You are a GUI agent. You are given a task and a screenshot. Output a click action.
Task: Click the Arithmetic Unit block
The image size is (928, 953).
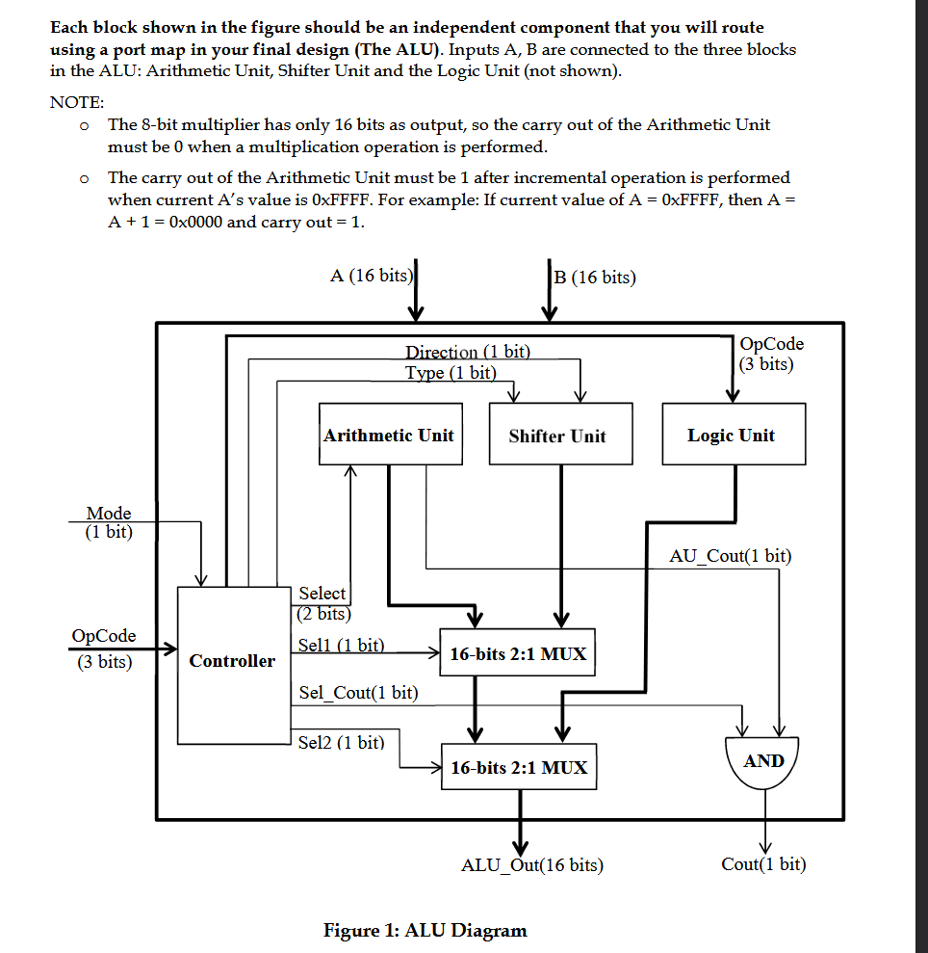(388, 435)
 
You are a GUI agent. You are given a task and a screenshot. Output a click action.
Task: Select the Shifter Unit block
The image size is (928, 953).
(557, 435)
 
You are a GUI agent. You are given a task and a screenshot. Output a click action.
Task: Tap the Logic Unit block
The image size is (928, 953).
(731, 435)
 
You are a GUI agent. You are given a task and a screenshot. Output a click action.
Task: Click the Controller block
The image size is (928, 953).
(232, 661)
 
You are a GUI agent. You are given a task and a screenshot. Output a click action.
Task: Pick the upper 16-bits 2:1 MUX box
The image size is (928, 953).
(518, 654)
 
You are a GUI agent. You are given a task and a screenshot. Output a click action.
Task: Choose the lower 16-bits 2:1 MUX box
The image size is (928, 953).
(518, 768)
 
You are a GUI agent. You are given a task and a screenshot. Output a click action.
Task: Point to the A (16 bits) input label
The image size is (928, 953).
(372, 276)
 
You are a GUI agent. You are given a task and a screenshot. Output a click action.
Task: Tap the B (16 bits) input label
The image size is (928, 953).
(595, 278)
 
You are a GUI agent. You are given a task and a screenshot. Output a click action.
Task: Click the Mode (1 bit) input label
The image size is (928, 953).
(109, 522)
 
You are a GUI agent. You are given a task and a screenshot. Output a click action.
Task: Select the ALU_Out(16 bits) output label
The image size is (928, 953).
(532, 864)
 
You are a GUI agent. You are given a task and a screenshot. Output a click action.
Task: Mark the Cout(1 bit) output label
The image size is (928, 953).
(763, 864)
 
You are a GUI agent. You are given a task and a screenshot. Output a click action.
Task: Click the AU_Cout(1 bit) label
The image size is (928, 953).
(730, 555)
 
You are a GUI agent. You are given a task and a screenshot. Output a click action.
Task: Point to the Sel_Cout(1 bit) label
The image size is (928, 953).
(358, 692)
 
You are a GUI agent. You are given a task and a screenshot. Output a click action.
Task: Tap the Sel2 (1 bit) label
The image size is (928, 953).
(341, 742)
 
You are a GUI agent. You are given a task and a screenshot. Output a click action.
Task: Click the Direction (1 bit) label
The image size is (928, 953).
(467, 352)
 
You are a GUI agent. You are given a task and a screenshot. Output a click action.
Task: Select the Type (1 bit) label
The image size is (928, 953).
(451, 372)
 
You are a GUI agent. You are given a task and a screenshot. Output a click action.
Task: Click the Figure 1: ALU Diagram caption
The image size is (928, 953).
(425, 930)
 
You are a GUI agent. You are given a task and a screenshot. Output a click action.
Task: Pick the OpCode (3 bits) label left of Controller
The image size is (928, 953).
(104, 649)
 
